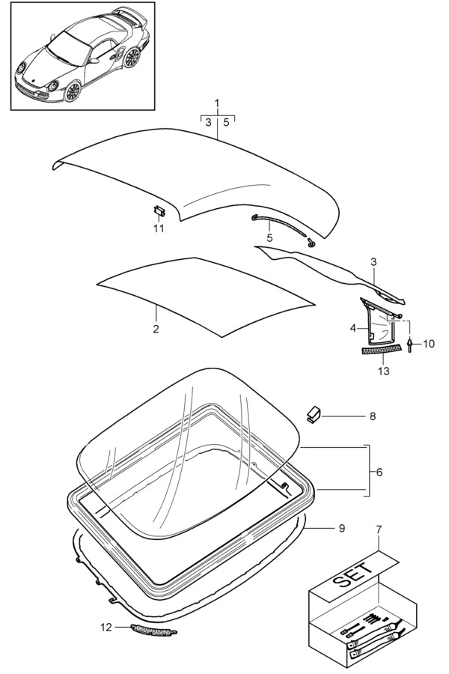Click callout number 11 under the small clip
click(159, 228)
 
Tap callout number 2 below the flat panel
click(156, 330)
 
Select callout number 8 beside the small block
click(373, 416)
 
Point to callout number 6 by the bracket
click(379, 472)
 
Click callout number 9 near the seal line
click(342, 528)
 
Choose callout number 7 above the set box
click(379, 530)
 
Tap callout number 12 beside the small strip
click(106, 628)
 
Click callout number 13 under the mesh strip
click(384, 371)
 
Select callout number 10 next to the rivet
click(429, 344)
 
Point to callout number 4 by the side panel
click(353, 328)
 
